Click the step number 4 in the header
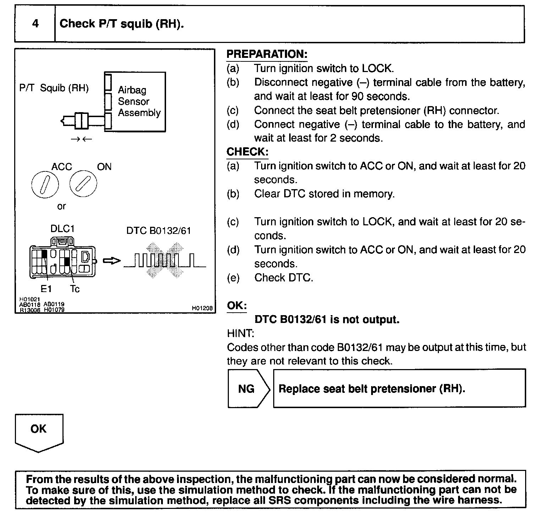point(35,24)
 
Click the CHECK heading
point(247,152)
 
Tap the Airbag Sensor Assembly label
point(139,101)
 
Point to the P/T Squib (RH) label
point(54,88)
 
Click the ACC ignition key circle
point(45,186)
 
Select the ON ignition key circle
point(83,185)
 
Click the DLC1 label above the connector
point(62,229)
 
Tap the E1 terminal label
point(46,289)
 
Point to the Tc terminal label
point(75,289)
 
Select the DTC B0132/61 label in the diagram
point(159,231)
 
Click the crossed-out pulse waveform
point(165,260)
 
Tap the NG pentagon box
point(247,389)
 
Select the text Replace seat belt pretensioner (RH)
point(371,389)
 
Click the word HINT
point(240,334)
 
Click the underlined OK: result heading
point(237,306)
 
